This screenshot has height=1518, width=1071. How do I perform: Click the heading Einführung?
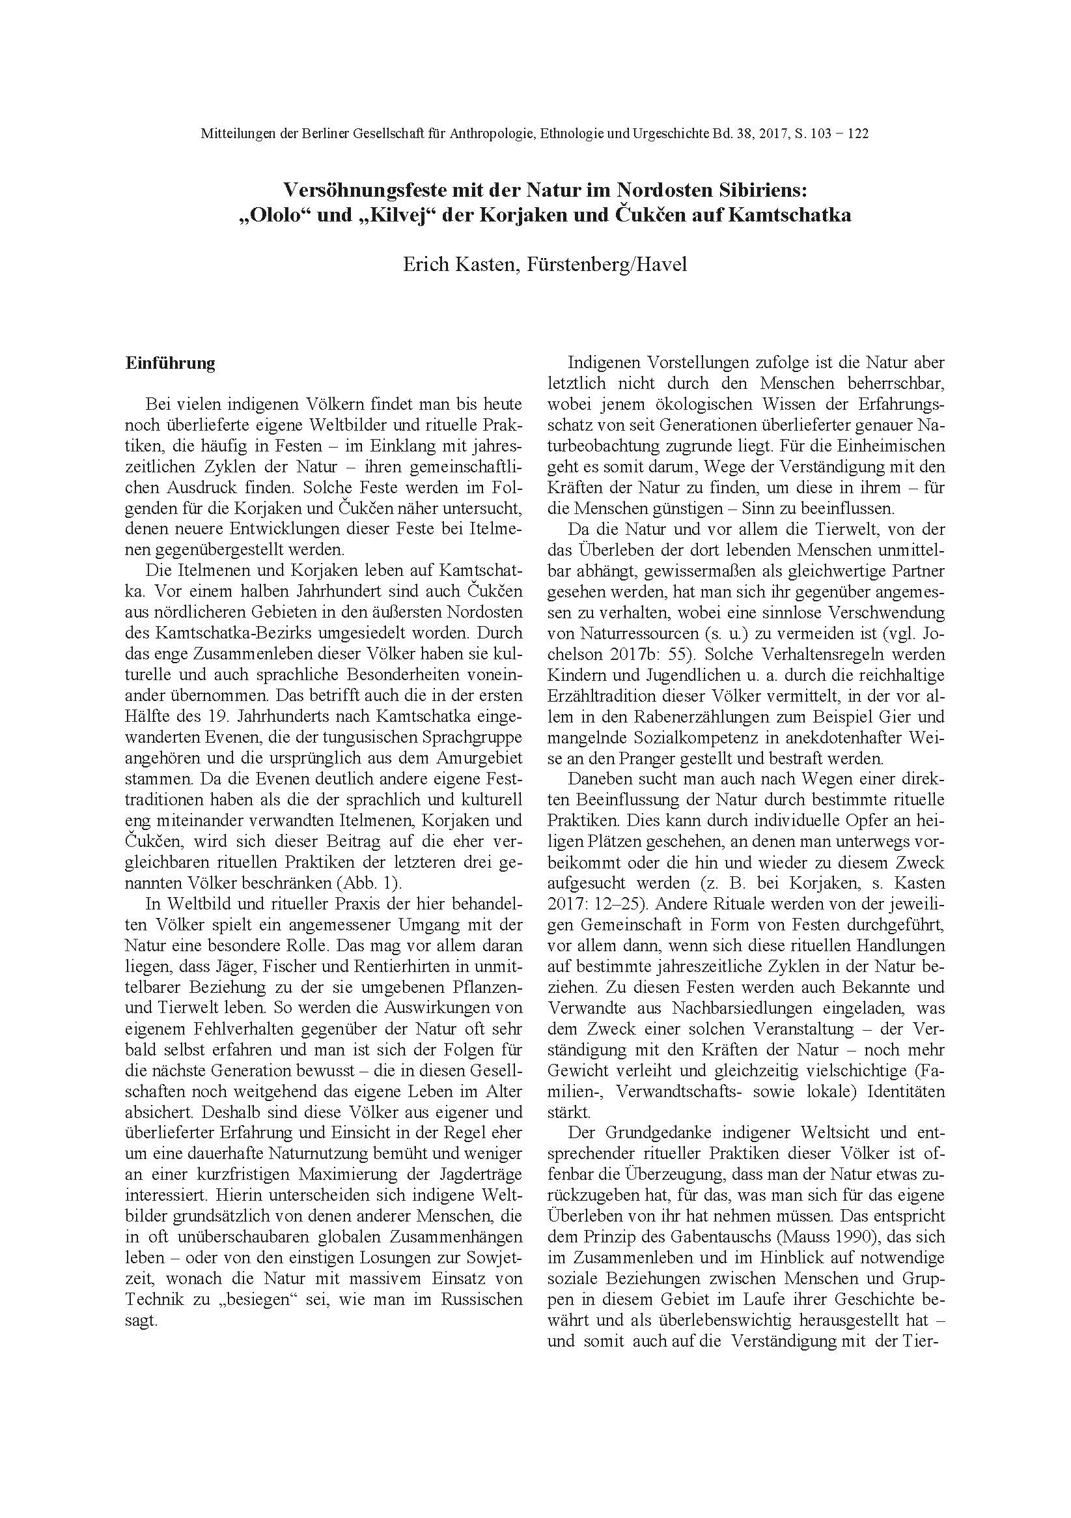coord(171,364)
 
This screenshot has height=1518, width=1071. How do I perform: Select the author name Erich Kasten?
coord(457,265)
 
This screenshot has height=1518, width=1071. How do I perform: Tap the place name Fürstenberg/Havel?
coord(607,265)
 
